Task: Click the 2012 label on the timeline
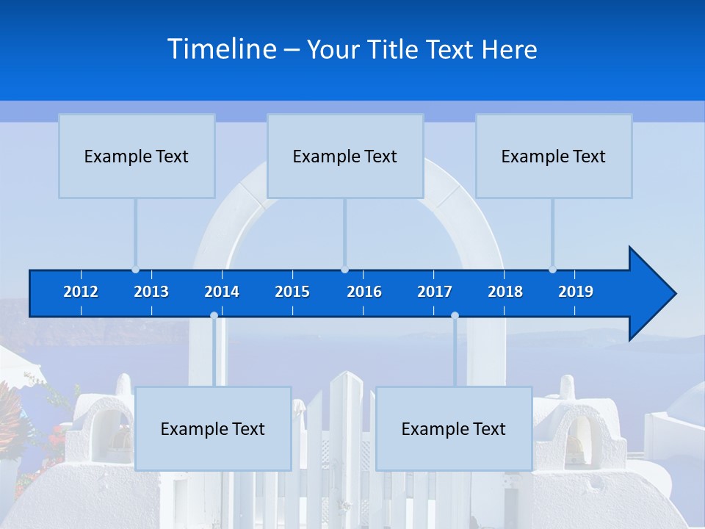pyautogui.click(x=81, y=292)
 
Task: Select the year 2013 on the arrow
pyautogui.click(x=151, y=292)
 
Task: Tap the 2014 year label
pyautogui.click(x=222, y=292)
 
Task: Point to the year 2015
pyautogui.click(x=292, y=292)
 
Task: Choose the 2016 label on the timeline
pyautogui.click(x=364, y=292)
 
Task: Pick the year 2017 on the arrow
pyautogui.click(x=435, y=292)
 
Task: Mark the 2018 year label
pyautogui.click(x=505, y=292)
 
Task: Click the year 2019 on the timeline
pyautogui.click(x=576, y=292)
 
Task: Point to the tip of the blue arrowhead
pyautogui.click(x=675, y=294)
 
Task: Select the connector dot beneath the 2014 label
pyautogui.click(x=214, y=316)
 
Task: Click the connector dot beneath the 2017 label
pyautogui.click(x=455, y=316)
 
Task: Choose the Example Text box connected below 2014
pyautogui.click(x=213, y=428)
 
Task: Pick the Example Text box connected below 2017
pyautogui.click(x=454, y=428)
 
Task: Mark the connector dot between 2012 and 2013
pyautogui.click(x=135, y=270)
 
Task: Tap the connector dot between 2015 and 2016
pyautogui.click(x=344, y=270)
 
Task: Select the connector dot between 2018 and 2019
pyautogui.click(x=552, y=270)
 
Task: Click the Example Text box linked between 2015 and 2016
pyautogui.click(x=345, y=156)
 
